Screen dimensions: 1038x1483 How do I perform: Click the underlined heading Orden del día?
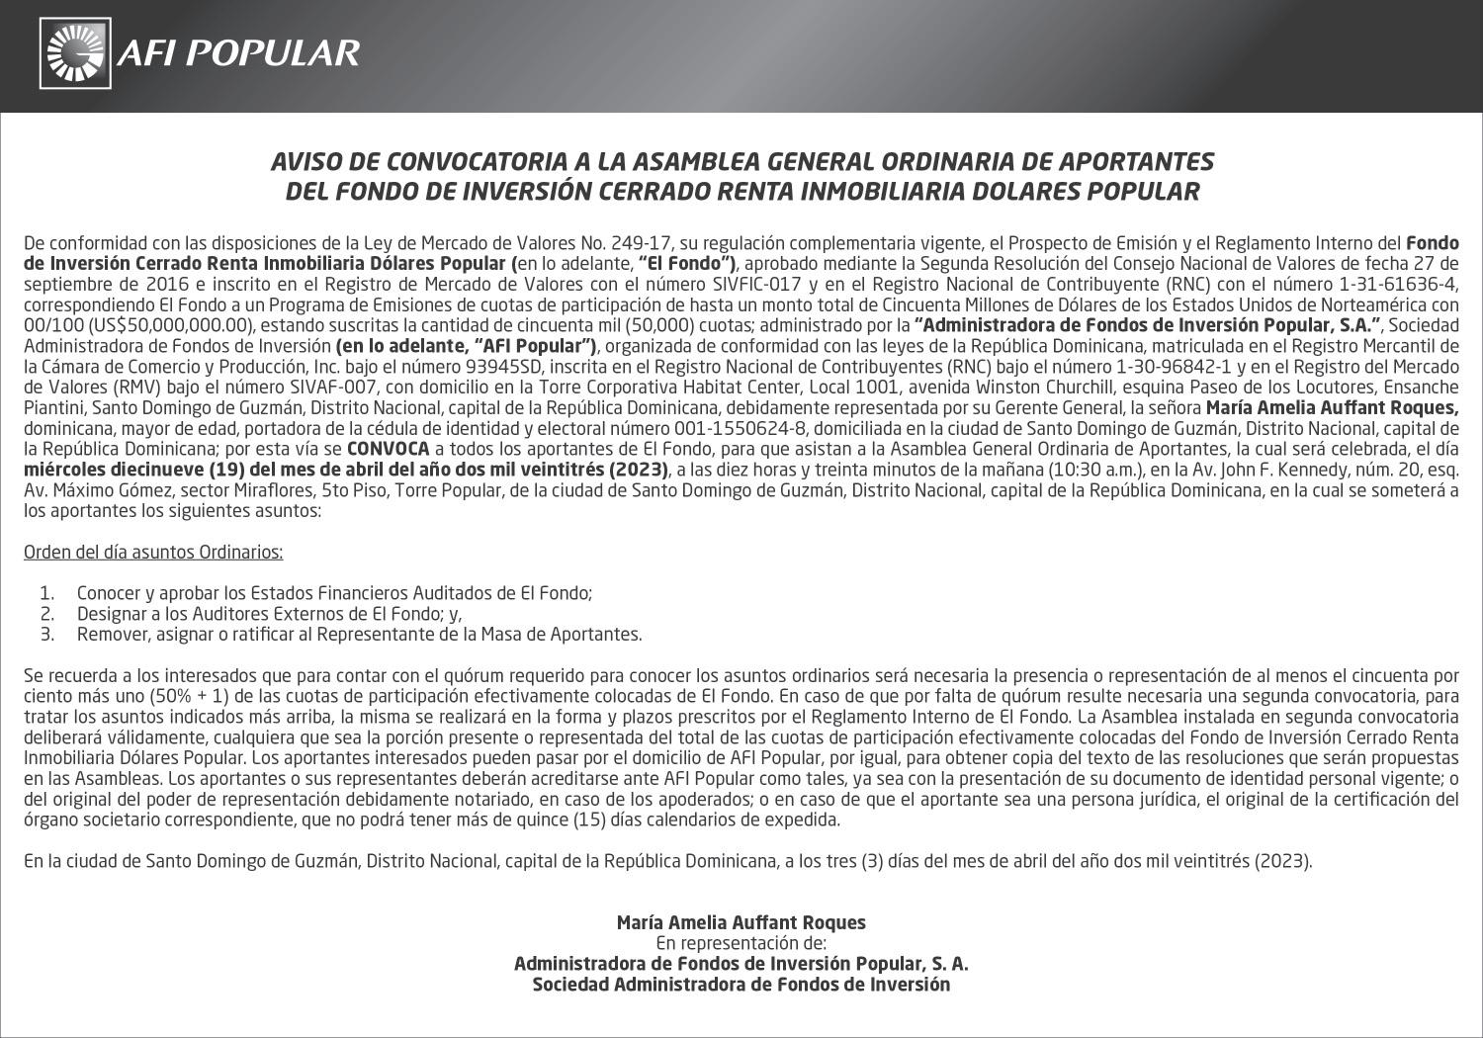[153, 552]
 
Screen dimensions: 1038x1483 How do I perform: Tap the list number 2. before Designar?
[45, 614]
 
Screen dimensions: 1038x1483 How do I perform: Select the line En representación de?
[741, 943]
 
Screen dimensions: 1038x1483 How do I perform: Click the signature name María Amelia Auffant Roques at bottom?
[741, 922]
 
